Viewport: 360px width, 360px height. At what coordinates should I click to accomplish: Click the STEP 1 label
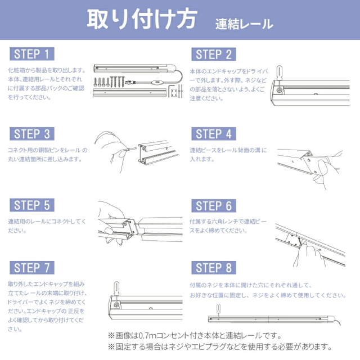32,54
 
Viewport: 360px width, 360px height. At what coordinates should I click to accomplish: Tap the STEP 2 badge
214,55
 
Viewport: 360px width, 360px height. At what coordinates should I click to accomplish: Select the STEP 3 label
32,134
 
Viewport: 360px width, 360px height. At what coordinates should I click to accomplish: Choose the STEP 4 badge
214,134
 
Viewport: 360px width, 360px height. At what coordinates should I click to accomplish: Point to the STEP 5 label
32,205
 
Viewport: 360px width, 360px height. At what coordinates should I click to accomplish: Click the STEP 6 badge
214,206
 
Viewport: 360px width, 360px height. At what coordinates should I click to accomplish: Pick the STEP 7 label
32,268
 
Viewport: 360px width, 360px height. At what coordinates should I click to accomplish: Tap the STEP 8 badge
214,268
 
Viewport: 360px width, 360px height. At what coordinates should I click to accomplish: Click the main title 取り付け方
142,19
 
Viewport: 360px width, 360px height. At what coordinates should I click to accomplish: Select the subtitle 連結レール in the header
244,24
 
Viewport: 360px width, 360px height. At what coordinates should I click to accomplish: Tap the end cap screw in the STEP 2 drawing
280,90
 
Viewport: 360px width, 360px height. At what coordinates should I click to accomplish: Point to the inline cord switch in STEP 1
157,83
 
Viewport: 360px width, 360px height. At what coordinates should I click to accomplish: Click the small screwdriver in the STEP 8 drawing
218,311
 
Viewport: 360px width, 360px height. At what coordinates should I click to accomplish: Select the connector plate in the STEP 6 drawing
292,241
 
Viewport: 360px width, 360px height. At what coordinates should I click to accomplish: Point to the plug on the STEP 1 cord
129,82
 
